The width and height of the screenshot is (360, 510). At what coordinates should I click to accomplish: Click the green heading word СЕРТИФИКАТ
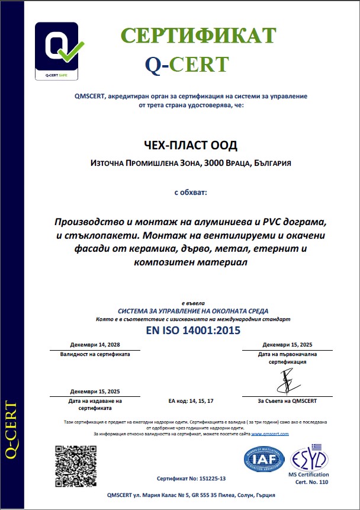pos(199,36)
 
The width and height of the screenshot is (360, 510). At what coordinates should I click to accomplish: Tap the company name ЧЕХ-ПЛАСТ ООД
pos(187,146)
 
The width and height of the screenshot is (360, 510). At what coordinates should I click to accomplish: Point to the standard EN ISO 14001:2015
pos(193,331)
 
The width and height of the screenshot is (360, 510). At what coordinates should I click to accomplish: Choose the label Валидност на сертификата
pos(95,354)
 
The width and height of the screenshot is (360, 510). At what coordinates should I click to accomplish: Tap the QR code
pos(75,465)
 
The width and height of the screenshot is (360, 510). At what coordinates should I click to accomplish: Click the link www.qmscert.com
pos(270,434)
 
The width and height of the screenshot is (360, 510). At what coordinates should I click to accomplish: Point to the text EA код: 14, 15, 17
pos(191,401)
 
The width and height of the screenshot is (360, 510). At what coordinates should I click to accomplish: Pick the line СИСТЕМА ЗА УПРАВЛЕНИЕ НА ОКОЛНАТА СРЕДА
pos(193,311)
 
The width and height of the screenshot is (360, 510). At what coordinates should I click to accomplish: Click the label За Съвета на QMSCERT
pos(288,401)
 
